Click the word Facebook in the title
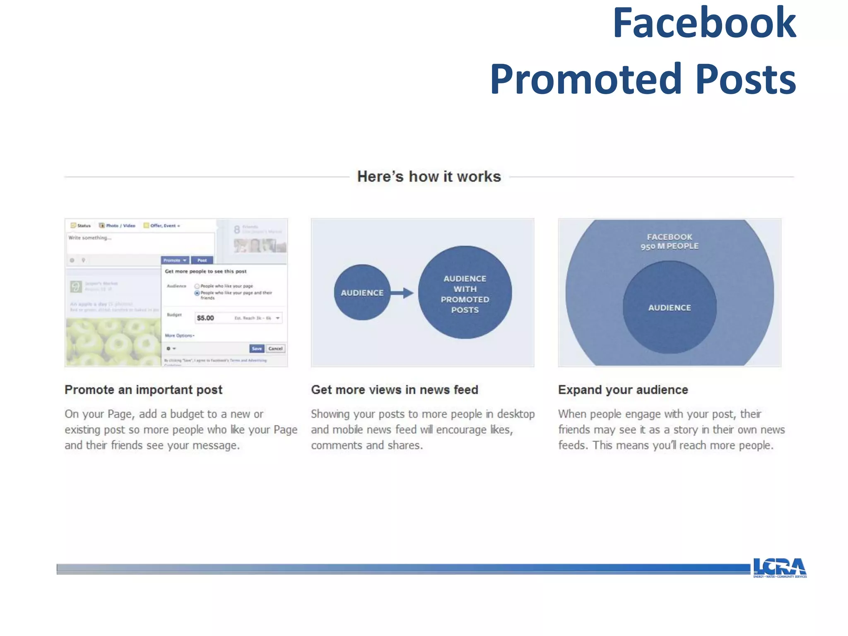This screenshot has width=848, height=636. [x=703, y=24]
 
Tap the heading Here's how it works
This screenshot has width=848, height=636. [x=429, y=176]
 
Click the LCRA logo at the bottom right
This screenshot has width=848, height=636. [x=779, y=567]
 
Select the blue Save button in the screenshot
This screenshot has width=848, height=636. [x=257, y=349]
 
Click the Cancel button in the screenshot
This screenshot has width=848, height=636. [x=275, y=349]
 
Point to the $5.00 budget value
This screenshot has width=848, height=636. [x=205, y=318]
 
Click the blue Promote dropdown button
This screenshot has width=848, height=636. [x=174, y=260]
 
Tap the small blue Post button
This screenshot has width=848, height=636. [x=202, y=260]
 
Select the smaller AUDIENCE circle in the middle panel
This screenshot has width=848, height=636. [x=362, y=293]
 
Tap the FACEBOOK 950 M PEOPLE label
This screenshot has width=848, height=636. [x=669, y=241]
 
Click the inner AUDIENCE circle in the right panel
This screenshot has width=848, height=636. [x=669, y=308]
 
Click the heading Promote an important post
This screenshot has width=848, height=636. [x=143, y=390]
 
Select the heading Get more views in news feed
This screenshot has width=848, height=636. [x=395, y=390]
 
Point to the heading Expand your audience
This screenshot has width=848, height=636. [x=623, y=390]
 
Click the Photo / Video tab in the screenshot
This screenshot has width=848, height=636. [x=117, y=226]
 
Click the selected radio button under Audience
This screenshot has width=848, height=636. [x=197, y=293]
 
